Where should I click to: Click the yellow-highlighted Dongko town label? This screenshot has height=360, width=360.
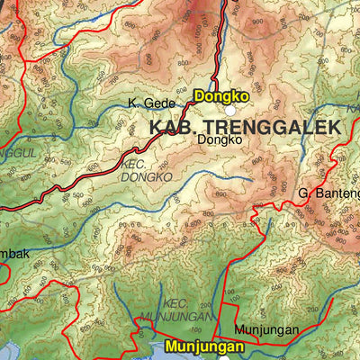coord(219,94)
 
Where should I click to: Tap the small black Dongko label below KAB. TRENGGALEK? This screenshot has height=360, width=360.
coord(220,140)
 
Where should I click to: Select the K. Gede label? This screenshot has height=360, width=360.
coord(148,103)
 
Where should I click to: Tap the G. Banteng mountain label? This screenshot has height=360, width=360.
coord(329,193)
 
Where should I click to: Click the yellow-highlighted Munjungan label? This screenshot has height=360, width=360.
coord(204,346)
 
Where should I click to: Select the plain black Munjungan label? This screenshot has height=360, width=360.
coord(266,329)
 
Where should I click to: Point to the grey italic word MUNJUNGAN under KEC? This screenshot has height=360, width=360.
coord(176,317)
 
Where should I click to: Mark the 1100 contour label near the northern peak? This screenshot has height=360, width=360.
coord(202,20)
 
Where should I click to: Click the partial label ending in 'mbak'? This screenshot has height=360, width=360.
coord(14,254)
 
